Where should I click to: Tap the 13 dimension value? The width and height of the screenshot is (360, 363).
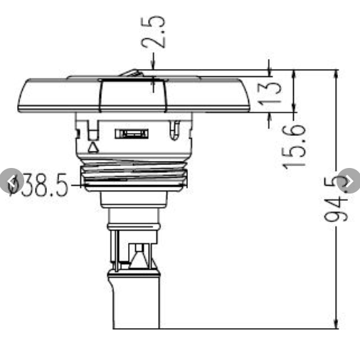(271, 93)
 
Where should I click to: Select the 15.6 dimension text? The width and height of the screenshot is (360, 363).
(294, 146)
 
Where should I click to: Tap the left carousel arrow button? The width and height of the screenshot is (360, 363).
(11, 181)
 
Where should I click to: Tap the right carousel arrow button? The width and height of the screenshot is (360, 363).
(349, 181)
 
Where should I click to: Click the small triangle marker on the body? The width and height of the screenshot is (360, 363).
(92, 147)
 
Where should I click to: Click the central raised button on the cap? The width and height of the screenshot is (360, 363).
(134, 95)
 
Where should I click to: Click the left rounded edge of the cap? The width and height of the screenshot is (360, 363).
(23, 97)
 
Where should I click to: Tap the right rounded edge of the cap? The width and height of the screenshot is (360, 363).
(246, 97)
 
